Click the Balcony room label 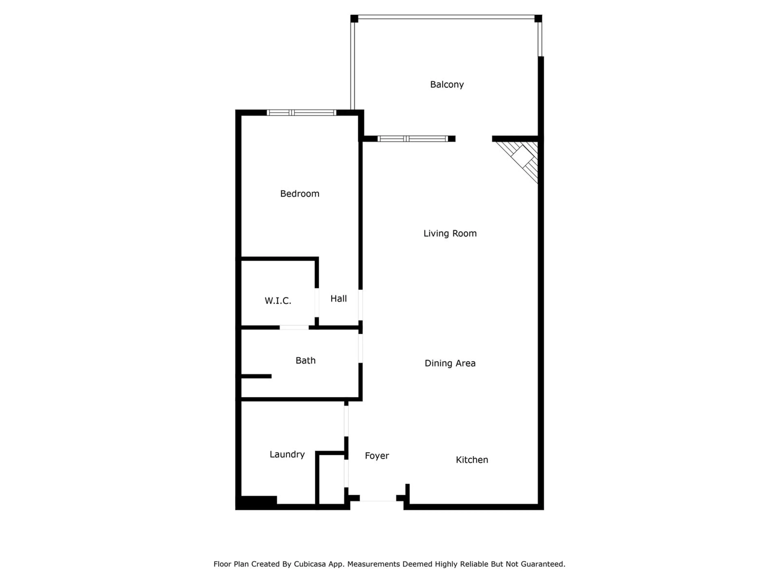pos(447,85)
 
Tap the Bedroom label pos(300,194)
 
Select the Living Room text pos(450,233)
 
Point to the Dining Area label pos(450,363)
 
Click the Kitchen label pos(471,460)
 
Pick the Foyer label pos(377,456)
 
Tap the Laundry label pos(287,454)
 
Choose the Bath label pos(305,361)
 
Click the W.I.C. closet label pos(278,301)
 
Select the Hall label pos(338,298)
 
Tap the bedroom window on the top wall pos(301,113)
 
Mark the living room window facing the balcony pos(413,139)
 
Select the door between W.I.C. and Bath pos(294,327)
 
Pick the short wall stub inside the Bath pos(256,376)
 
